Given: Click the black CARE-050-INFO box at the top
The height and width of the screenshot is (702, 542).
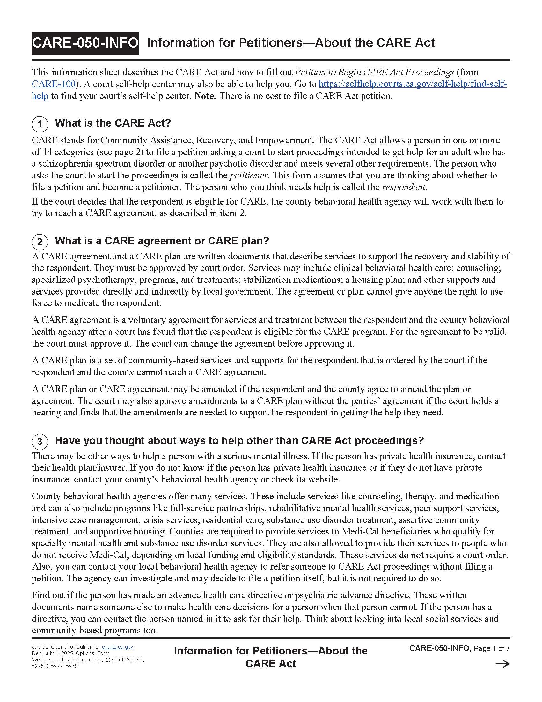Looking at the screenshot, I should click(85, 43).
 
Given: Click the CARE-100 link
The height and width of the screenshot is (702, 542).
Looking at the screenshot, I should click(53, 84).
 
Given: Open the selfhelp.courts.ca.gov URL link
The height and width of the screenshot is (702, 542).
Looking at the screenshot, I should click(412, 84).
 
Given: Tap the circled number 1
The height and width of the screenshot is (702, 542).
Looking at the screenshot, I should click(40, 124).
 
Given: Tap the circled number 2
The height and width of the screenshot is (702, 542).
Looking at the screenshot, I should click(40, 242).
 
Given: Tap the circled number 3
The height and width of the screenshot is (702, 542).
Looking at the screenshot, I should click(40, 441).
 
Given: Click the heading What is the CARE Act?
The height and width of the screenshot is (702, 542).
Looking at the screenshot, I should click(113, 123).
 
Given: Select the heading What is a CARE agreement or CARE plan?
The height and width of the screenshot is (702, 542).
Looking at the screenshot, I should click(162, 241).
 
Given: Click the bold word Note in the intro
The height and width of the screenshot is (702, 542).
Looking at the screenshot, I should click(205, 96).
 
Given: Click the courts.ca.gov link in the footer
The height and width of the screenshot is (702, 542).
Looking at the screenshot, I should click(118, 647).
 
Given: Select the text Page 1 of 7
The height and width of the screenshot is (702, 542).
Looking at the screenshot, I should click(492, 649).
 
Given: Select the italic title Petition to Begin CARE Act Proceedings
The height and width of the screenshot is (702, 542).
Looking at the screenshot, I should click(374, 72).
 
